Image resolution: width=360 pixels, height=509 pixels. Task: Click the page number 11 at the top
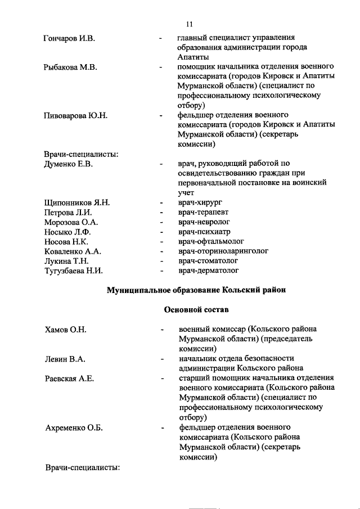pyautogui.click(x=189, y=23)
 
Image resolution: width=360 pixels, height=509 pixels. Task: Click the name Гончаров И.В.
pyautogui.click(x=70, y=38)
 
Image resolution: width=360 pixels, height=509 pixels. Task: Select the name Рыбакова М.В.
pyautogui.click(x=71, y=67)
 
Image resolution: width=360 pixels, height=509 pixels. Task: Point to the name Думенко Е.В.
pyautogui.click(x=69, y=164)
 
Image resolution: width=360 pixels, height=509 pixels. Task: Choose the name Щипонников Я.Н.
pyautogui.click(x=77, y=202)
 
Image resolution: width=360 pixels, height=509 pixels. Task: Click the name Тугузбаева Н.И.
pyautogui.click(x=74, y=271)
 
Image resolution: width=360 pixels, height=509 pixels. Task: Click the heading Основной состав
pyautogui.click(x=196, y=309)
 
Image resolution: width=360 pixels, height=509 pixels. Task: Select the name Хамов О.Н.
pyautogui.click(x=65, y=329)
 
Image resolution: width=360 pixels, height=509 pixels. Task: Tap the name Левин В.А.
pyautogui.click(x=65, y=358)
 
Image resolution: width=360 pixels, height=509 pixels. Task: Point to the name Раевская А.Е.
pyautogui.click(x=69, y=378)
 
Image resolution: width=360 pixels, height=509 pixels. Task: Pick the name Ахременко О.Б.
pyautogui.click(x=74, y=428)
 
